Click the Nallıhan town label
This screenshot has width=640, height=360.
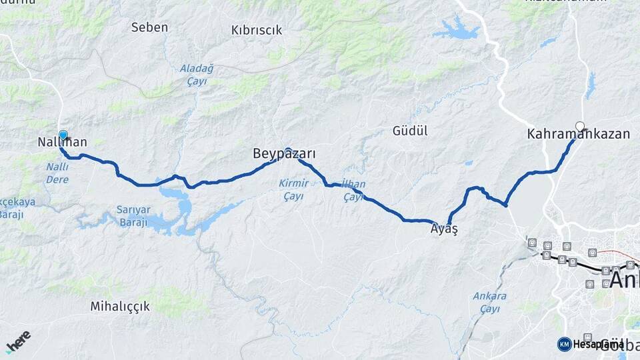(x=63, y=142)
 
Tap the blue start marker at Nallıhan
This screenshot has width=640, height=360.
(x=63, y=135)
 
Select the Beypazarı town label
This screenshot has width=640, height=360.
(x=284, y=154)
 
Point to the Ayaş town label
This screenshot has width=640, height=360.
(x=445, y=229)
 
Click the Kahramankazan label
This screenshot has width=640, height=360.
(x=578, y=134)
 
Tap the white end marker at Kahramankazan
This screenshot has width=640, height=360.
(x=580, y=125)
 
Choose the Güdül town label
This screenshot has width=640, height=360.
(x=410, y=131)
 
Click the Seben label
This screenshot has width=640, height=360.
(x=149, y=27)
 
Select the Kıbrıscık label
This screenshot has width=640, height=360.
(x=257, y=30)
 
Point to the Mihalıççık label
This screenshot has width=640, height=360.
(x=120, y=307)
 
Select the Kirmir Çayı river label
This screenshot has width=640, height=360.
(x=293, y=189)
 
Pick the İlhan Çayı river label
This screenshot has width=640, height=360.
(x=353, y=190)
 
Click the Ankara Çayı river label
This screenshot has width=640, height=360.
(x=489, y=302)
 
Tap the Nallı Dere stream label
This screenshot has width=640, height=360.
(x=57, y=173)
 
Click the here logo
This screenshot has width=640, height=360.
(x=18, y=341)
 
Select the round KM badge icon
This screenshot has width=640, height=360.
(x=564, y=344)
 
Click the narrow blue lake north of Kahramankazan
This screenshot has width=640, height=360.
(x=590, y=85)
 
